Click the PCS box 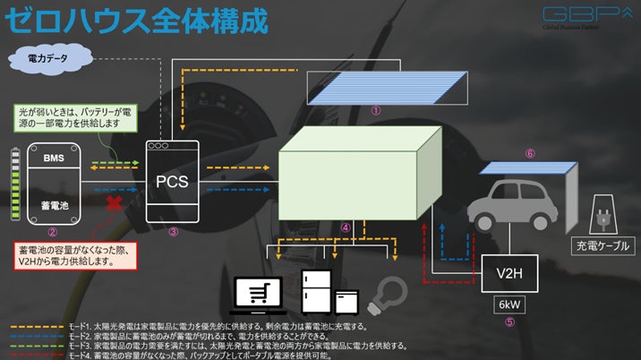pyautogui.click(x=172, y=180)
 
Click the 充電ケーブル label pyautogui.click(x=602, y=244)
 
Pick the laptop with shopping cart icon pyautogui.click(x=258, y=293)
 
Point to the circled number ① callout pyautogui.click(x=376, y=112)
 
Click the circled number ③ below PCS pyautogui.click(x=174, y=231)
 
